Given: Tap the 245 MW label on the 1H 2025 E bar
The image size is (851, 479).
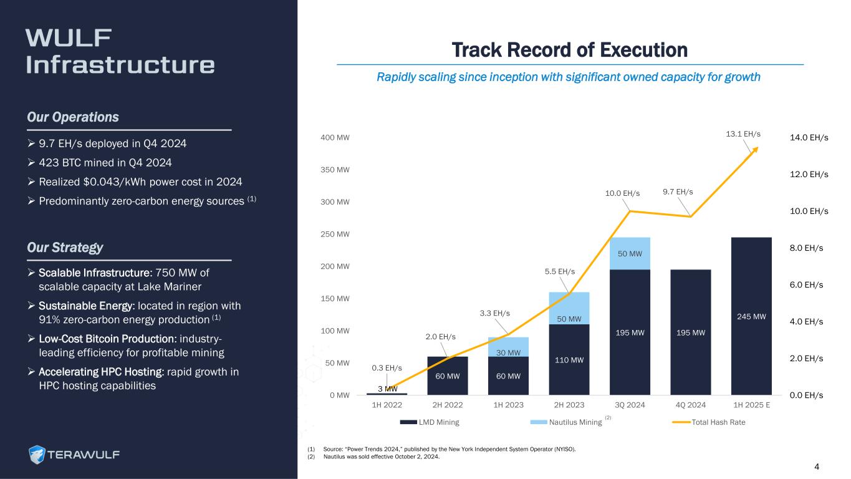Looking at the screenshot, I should pos(751,317).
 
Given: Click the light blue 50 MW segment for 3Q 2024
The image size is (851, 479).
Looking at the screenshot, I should pos(630,254).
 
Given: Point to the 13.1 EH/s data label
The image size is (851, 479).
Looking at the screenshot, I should pos(744,134).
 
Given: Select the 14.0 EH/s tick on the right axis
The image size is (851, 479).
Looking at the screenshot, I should pos(809,137).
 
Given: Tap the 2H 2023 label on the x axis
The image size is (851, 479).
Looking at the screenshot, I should pos(569,405).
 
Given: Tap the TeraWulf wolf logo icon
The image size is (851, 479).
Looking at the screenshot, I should pos(38,455).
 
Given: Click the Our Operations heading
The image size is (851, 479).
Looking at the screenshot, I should pos(73,117).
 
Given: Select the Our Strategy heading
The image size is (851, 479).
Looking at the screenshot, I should pos(65,248).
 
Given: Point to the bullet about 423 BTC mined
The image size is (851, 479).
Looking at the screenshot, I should pos(106,163).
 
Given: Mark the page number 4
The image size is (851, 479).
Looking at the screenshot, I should pos(817,467).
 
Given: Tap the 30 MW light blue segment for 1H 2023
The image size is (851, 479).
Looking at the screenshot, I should pos(509,347).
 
